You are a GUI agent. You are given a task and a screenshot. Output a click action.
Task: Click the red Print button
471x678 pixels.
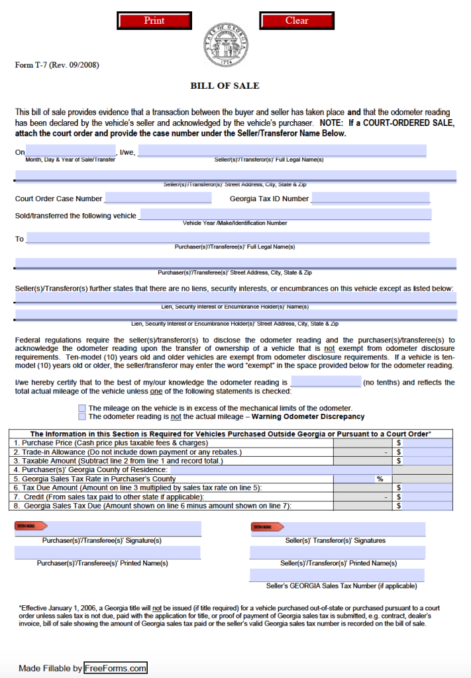click(x=154, y=21)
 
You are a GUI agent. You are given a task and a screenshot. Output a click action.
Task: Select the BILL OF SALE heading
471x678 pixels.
click(x=225, y=85)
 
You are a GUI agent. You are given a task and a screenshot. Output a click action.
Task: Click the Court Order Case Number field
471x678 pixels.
click(x=158, y=198)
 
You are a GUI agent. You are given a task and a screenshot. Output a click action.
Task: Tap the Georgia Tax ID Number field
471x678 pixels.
click(x=370, y=198)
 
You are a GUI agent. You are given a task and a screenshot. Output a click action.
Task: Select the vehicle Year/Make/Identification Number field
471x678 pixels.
click(x=286, y=215)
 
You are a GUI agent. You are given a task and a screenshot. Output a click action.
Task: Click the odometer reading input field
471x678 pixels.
click(x=325, y=382)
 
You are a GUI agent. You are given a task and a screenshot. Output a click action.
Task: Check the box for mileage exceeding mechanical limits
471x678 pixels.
click(x=82, y=408)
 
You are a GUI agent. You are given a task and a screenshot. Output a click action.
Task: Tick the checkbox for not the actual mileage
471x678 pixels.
click(x=82, y=417)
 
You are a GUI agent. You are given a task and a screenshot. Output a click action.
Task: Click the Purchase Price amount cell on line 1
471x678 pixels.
click(x=428, y=442)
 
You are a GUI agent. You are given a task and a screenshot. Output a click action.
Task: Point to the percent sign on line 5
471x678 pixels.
click(x=380, y=479)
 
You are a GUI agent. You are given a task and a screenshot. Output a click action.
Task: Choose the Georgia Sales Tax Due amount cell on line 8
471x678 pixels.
click(x=428, y=506)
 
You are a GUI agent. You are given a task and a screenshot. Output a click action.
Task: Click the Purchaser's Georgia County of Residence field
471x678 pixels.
click(x=281, y=469)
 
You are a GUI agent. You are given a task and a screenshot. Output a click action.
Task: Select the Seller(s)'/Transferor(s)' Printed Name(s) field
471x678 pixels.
click(x=337, y=552)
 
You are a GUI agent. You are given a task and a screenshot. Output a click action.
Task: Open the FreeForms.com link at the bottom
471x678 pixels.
click(x=115, y=668)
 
